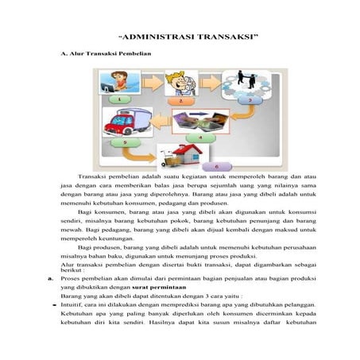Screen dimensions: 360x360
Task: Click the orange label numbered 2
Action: coord(181,102)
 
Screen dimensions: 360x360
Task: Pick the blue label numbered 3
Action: coord(249,102)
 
